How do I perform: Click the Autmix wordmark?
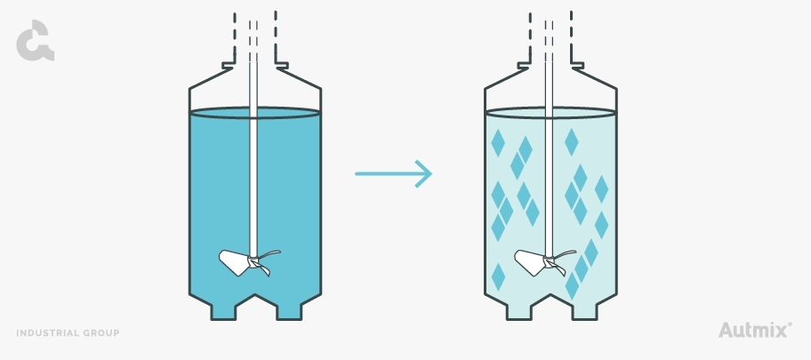point(755,330)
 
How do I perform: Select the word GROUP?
point(104,333)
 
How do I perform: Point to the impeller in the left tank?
point(249,262)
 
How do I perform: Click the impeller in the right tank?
point(545,262)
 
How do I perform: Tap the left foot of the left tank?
point(223,312)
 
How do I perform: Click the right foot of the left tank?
point(289,312)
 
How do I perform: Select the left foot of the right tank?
point(518,312)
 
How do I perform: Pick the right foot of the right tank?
point(584,312)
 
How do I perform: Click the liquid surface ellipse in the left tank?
point(255,113)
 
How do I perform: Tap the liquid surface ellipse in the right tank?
point(550,113)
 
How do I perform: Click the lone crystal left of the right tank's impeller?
point(498,277)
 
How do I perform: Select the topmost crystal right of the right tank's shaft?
point(572,142)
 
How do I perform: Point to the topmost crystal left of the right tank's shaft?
point(498,143)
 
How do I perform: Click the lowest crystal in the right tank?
point(572,286)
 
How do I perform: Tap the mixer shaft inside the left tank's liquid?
point(253,184)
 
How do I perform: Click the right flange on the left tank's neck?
point(282,66)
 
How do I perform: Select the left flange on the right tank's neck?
point(524,66)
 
